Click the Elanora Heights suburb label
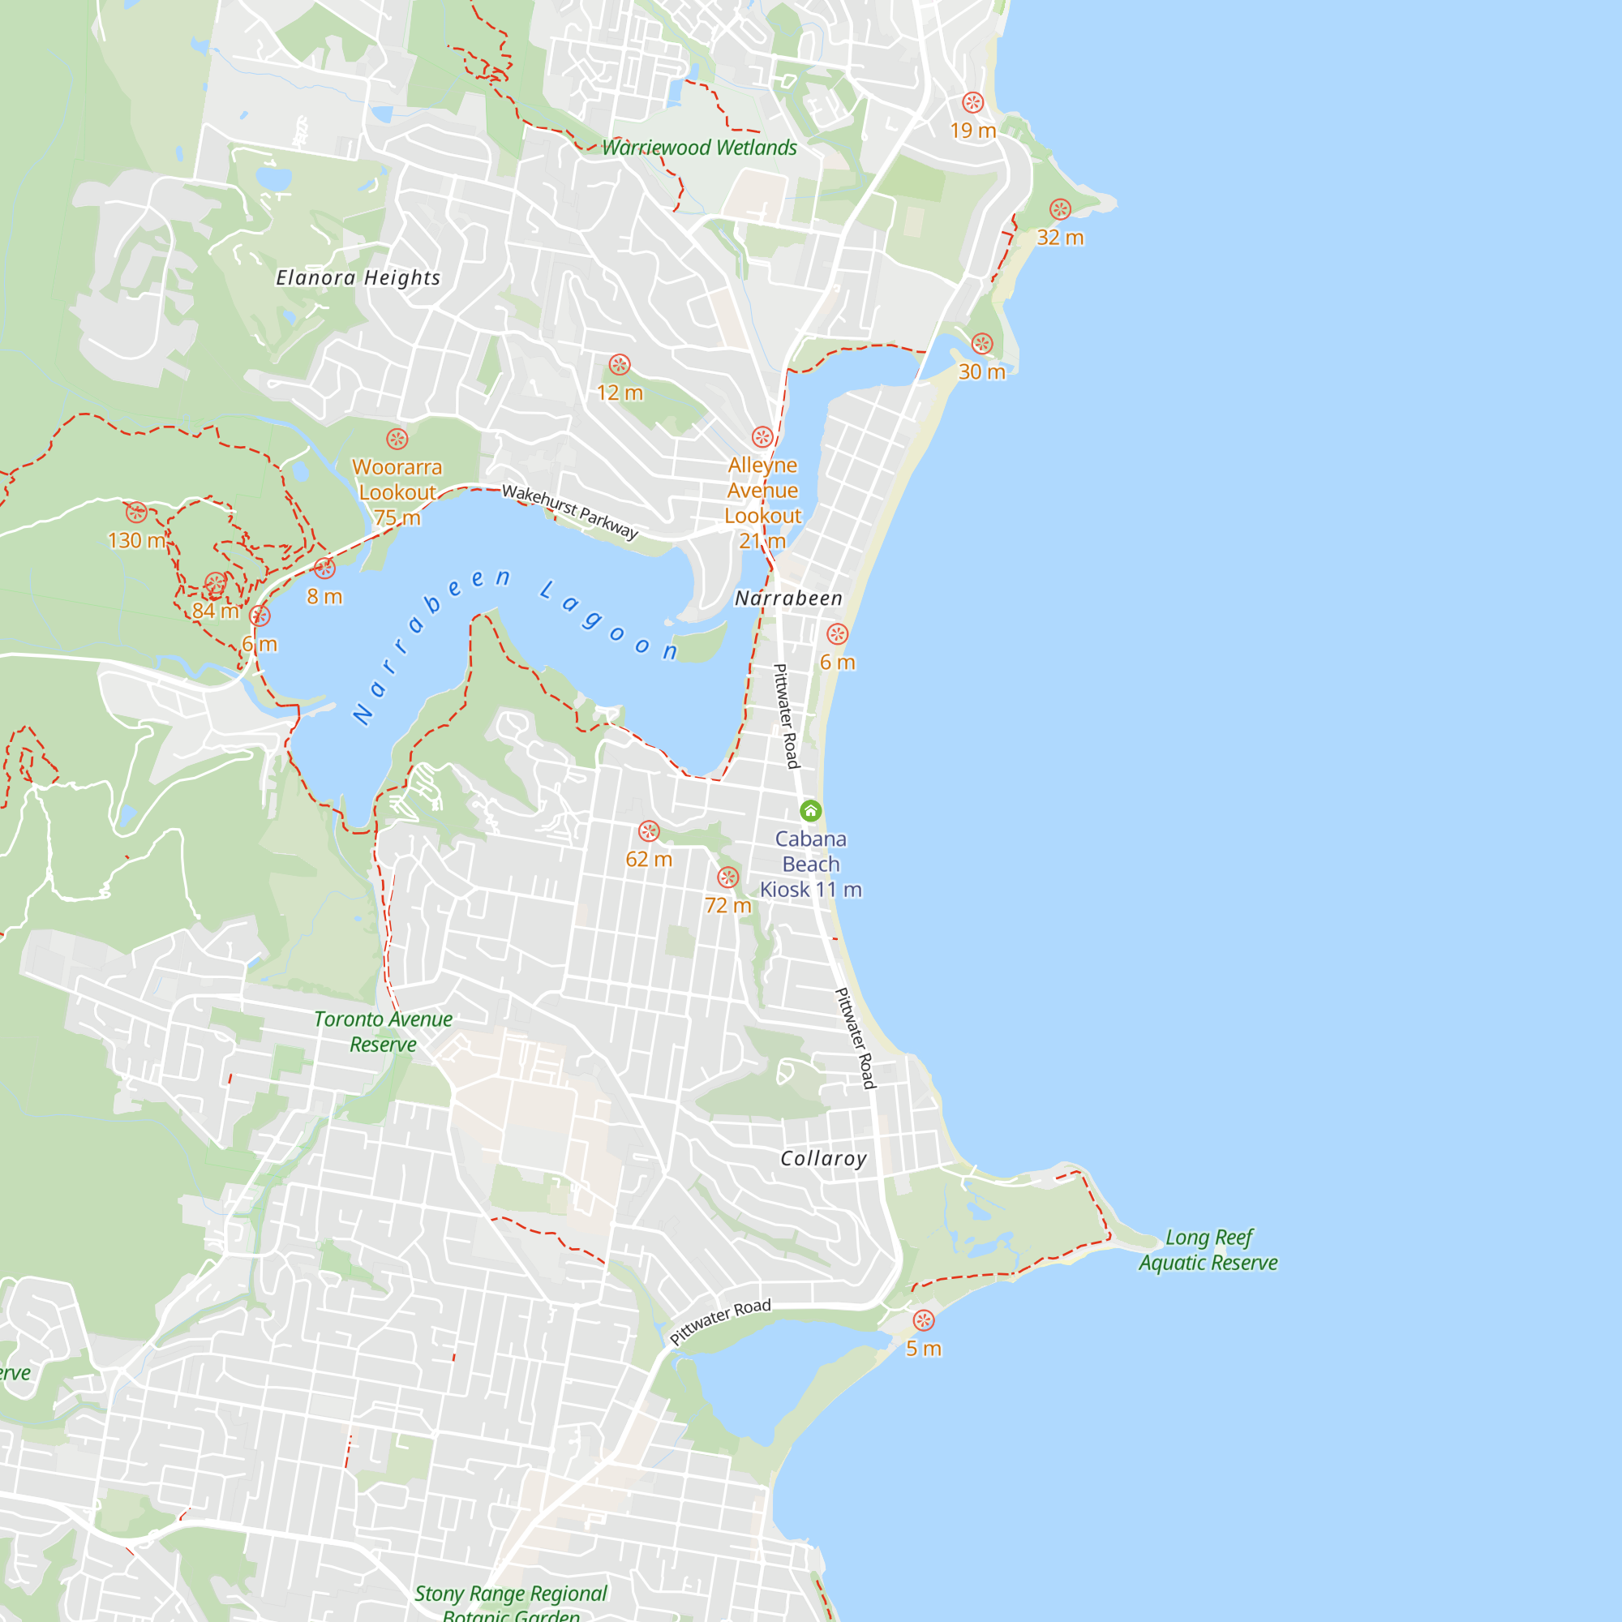click(358, 278)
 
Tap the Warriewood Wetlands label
click(699, 148)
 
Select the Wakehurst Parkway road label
click(570, 511)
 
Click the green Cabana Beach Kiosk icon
click(810, 810)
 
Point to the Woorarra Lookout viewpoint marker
click(397, 439)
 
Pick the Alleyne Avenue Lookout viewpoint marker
click(762, 437)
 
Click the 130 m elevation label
click(137, 541)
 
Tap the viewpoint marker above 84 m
click(216, 583)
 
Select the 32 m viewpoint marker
click(1060, 210)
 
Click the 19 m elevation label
click(973, 131)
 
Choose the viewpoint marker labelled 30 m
click(982, 343)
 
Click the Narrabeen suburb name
click(788, 599)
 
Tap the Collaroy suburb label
click(824, 1159)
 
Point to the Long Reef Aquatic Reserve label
click(1208, 1250)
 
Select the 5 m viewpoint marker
click(924, 1320)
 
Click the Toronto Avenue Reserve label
click(383, 1032)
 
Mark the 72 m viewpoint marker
click(728, 878)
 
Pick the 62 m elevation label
click(649, 860)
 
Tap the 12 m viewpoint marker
click(620, 364)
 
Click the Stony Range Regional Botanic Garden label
click(510, 1603)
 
